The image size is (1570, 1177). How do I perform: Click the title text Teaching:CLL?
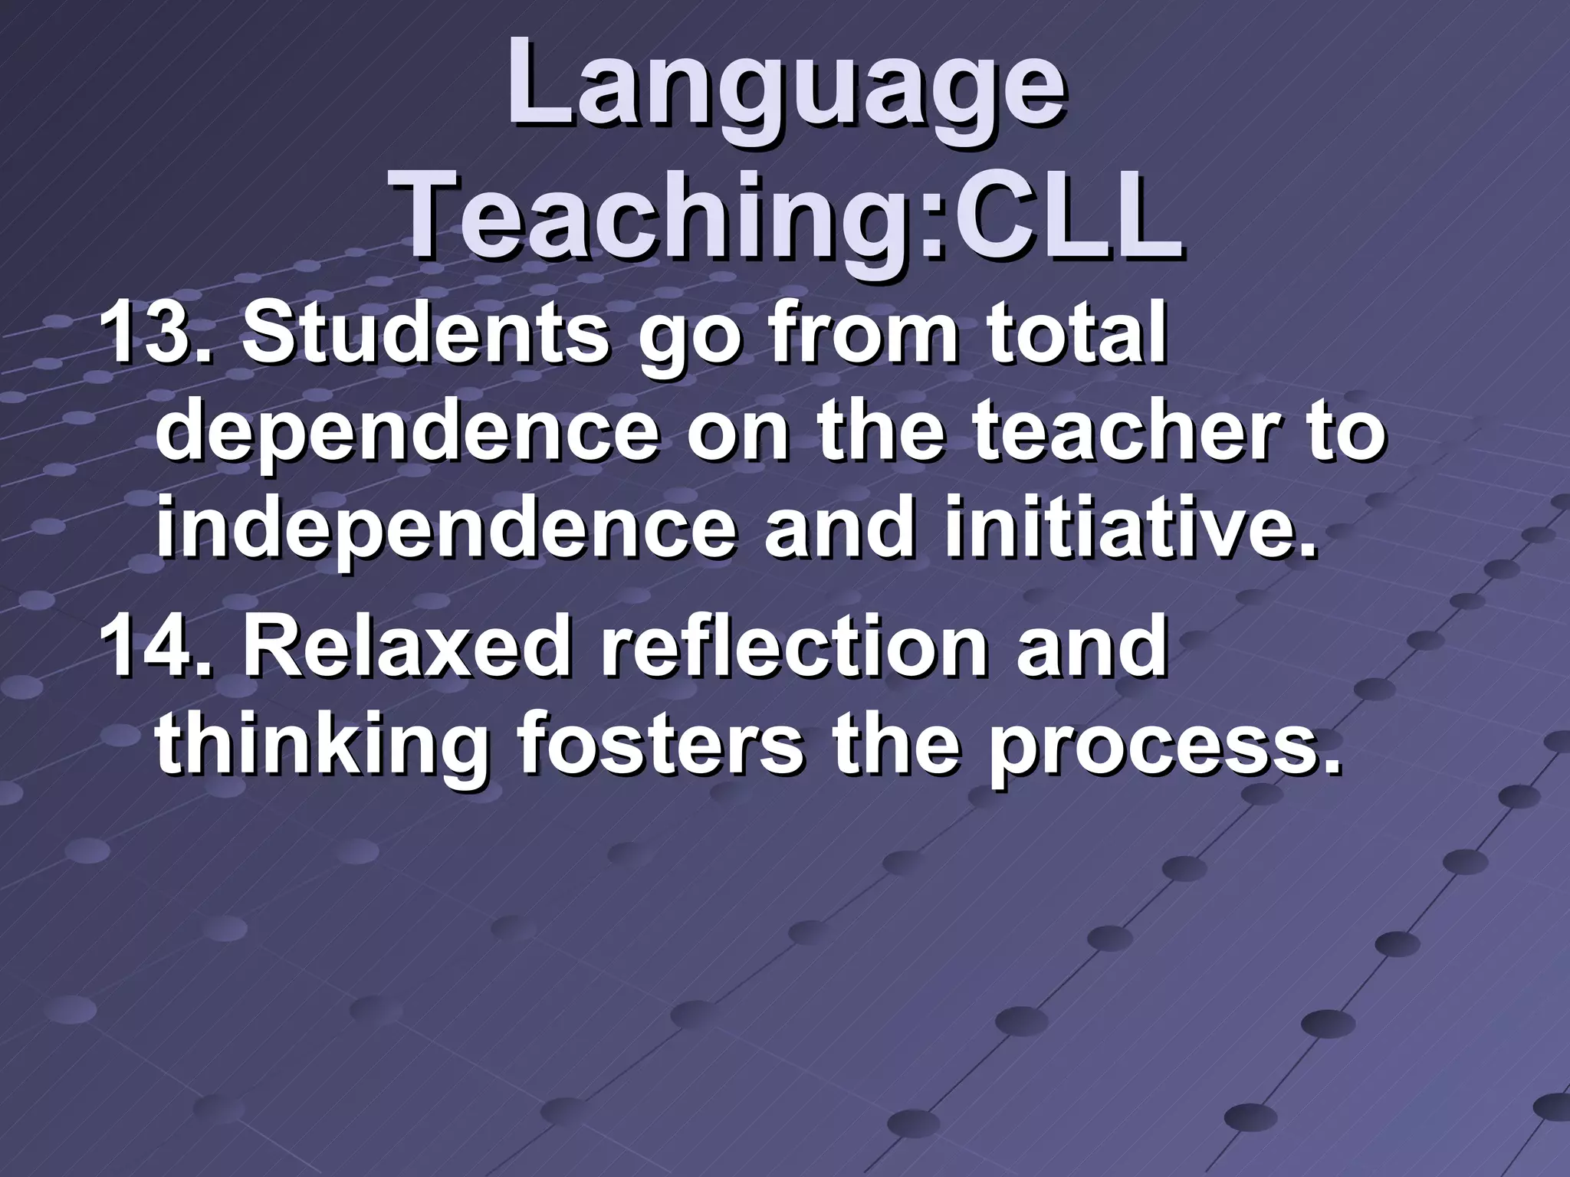click(x=790, y=215)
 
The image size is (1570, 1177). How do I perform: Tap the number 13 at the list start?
click(x=146, y=335)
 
